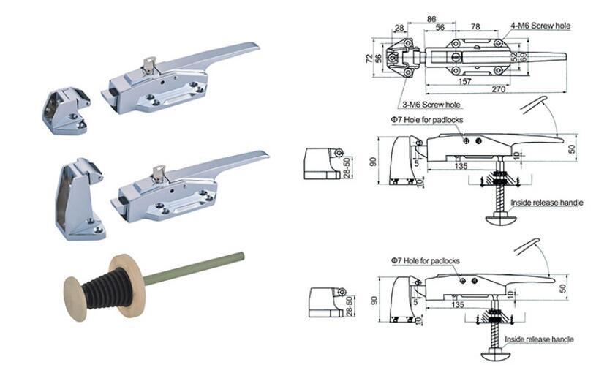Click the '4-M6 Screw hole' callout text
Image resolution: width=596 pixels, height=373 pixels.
click(x=541, y=26)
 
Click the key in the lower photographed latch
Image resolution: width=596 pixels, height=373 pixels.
click(x=158, y=173)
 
